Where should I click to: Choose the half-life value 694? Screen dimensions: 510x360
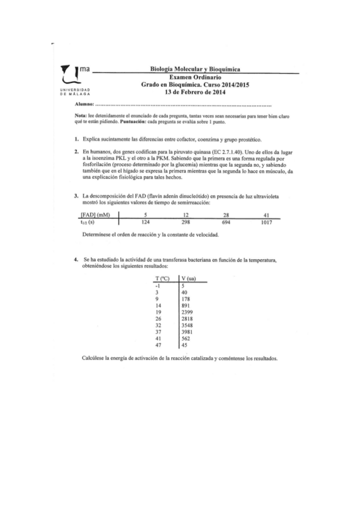(x=227, y=223)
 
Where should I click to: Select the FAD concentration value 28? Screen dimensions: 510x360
(x=227, y=216)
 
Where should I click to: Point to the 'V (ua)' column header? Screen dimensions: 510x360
(x=188, y=279)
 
